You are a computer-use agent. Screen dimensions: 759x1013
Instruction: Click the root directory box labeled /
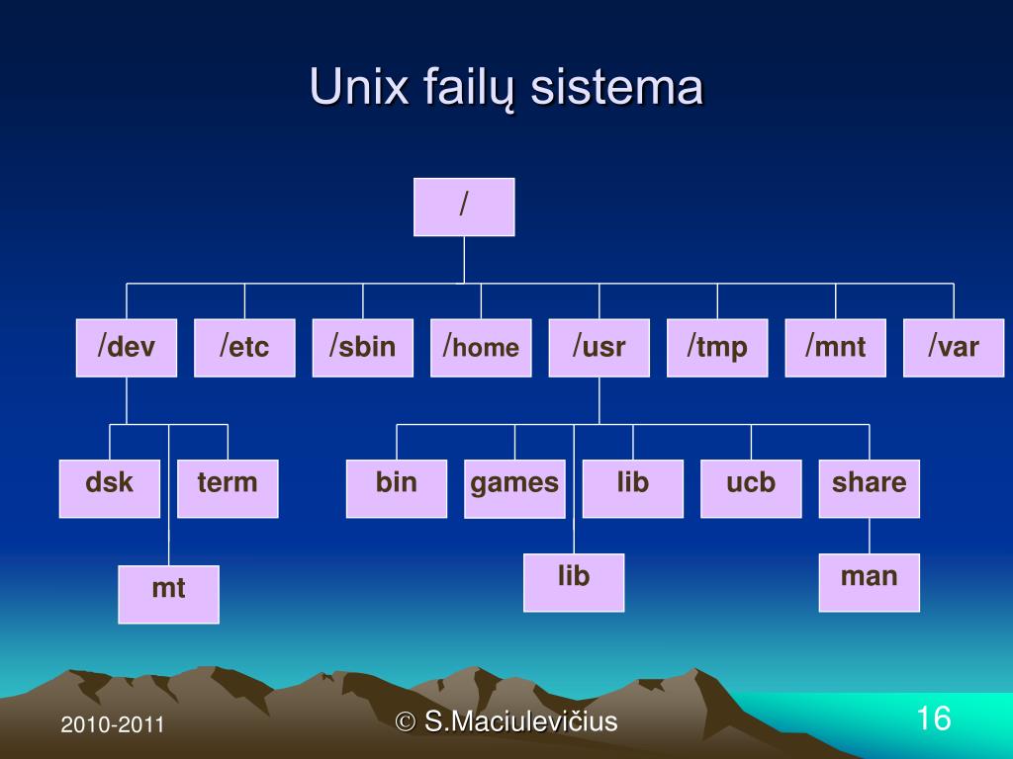point(464,207)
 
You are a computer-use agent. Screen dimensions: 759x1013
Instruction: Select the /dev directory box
point(127,348)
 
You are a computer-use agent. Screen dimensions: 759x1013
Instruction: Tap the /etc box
point(244,348)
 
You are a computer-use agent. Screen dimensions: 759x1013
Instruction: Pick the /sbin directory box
point(362,348)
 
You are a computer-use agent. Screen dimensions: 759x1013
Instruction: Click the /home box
point(481,348)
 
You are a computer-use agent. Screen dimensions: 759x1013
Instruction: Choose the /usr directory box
point(599,348)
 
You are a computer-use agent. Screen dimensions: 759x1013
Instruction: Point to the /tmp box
point(717,348)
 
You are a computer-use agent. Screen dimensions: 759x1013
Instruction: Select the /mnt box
point(835,348)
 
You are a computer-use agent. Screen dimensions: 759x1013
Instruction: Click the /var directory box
point(954,348)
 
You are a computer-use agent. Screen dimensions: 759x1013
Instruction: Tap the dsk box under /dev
point(109,488)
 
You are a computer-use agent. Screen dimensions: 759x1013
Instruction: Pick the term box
point(228,488)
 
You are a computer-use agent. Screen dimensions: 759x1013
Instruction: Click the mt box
point(168,594)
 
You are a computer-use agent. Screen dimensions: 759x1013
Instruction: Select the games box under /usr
point(514,488)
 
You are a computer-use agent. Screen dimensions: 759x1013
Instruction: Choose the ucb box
point(751,488)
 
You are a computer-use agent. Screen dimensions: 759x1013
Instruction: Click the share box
point(869,488)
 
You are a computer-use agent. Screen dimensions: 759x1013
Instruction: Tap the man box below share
point(869,582)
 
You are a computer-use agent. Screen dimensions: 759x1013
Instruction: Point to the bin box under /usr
point(397,488)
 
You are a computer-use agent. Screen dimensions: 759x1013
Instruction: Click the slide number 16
point(933,718)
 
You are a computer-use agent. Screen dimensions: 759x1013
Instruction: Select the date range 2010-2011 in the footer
point(112,725)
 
